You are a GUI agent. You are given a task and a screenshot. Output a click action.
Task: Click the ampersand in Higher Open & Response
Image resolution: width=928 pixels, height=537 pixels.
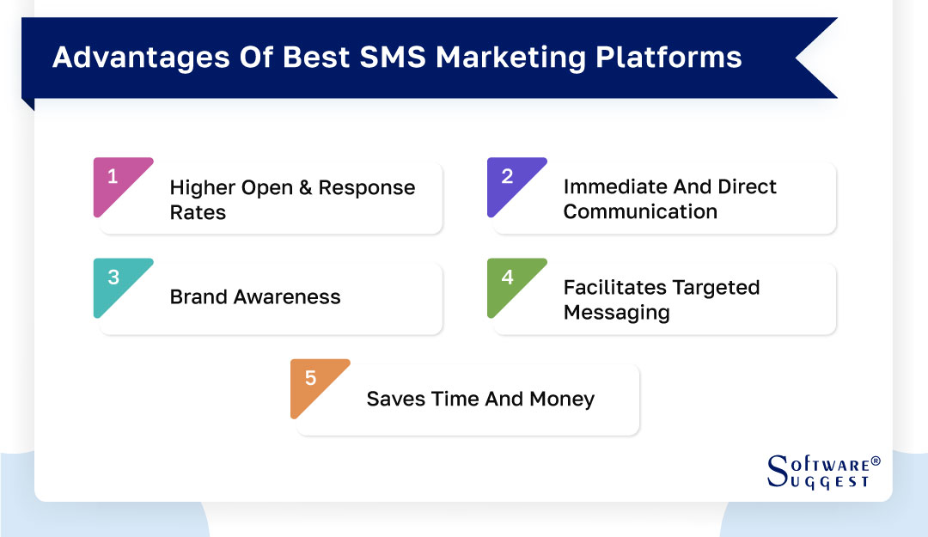(304, 188)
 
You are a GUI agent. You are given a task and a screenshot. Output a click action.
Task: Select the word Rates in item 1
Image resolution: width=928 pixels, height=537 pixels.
(198, 212)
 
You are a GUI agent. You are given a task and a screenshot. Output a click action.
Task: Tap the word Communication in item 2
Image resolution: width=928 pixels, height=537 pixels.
(640, 211)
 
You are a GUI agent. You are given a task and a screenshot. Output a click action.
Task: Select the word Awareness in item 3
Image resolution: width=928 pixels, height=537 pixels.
(287, 297)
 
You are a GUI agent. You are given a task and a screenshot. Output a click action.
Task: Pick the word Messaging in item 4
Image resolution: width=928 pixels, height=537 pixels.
(616, 312)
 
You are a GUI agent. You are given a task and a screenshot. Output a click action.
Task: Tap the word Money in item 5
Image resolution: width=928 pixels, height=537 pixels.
(562, 400)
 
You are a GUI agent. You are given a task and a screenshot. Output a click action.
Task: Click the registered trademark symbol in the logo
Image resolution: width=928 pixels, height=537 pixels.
(876, 462)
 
